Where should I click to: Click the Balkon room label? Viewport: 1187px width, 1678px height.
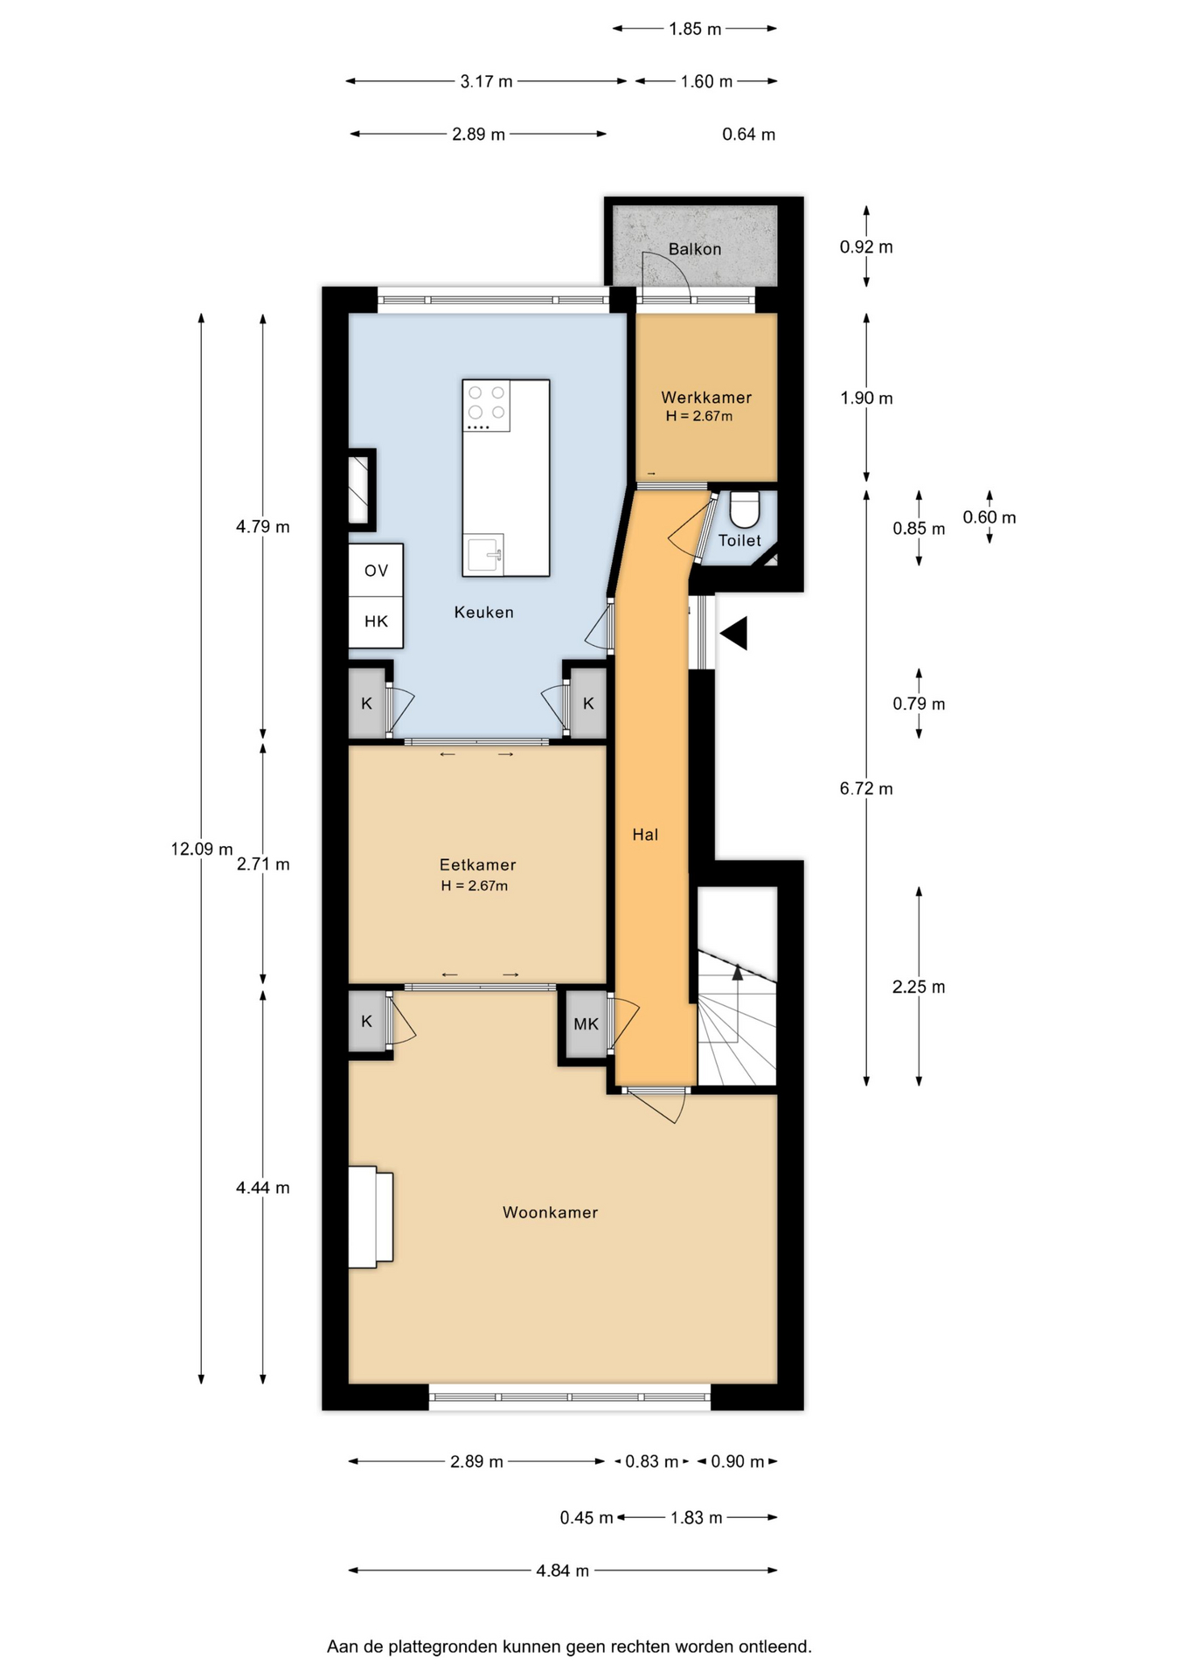(x=695, y=249)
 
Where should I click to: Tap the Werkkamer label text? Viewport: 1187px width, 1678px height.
(x=706, y=398)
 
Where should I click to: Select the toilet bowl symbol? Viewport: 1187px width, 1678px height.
(x=745, y=509)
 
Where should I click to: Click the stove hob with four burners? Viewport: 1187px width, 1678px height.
(x=487, y=406)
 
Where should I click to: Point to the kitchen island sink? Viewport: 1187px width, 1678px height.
(x=484, y=554)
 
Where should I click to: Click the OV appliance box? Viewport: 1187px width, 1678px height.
(x=376, y=571)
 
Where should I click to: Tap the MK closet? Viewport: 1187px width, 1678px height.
(x=586, y=1024)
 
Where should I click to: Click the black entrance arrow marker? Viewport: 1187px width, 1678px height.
(x=733, y=633)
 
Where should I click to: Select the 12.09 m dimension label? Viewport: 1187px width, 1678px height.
(x=202, y=849)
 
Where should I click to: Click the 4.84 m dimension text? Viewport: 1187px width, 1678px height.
(x=563, y=1571)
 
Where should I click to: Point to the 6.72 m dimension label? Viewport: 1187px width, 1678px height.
(x=866, y=788)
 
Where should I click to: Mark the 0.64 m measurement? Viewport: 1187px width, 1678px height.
(x=749, y=135)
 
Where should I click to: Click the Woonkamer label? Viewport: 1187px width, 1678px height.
(x=551, y=1212)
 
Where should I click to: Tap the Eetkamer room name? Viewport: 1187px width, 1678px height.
(x=477, y=865)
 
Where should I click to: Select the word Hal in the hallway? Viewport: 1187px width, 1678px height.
(x=645, y=835)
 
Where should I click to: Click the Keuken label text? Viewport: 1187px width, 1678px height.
(x=484, y=613)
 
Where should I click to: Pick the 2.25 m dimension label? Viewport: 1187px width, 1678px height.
(x=919, y=987)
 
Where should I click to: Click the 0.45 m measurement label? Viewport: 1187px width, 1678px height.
(x=587, y=1518)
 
